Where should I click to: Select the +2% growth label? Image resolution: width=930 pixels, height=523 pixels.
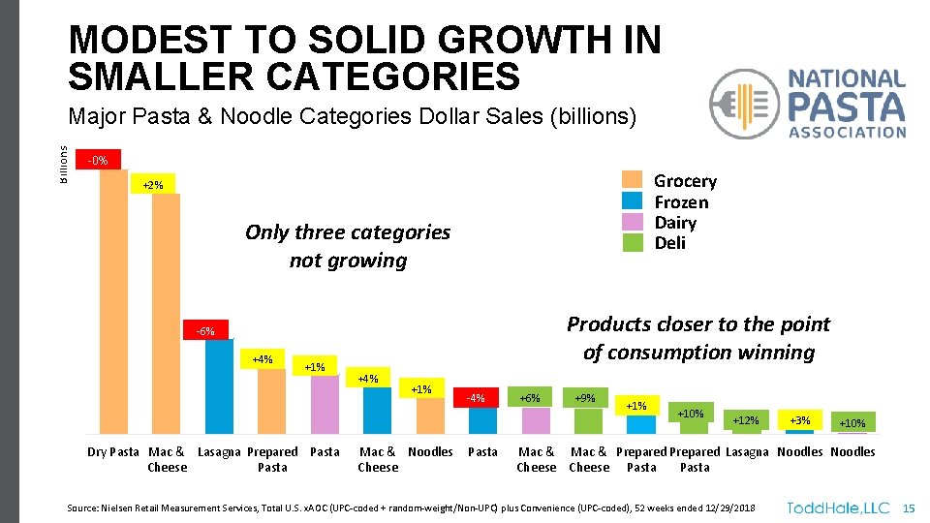153,184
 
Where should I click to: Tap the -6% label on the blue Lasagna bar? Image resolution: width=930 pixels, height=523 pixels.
205,331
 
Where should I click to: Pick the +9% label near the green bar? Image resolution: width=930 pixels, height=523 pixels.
585,397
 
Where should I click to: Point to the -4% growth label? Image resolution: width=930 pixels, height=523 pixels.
475,397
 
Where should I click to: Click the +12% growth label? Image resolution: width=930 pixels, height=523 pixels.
746,420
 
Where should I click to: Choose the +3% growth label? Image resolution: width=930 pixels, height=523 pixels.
800,420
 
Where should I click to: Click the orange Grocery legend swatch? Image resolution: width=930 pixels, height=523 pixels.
633,180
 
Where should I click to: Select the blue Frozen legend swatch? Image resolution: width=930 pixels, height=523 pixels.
633,201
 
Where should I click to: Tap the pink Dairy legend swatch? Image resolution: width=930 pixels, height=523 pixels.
633,222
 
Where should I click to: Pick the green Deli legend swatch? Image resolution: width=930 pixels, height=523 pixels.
633,242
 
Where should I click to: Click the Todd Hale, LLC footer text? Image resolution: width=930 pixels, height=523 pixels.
838,508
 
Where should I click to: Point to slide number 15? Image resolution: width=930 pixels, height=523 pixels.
908,508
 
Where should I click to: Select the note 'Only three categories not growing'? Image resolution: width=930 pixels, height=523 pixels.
348,246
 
